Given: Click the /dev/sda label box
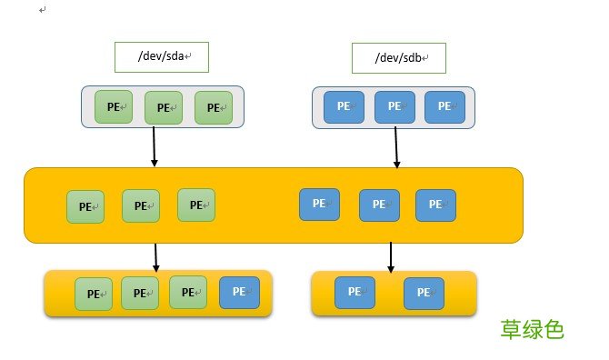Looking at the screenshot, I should coord(162,56).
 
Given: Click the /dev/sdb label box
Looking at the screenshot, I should coord(398,58).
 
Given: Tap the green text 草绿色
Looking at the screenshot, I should coord(533,329).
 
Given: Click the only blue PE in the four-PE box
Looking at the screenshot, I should coord(239,292).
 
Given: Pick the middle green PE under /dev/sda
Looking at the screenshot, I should coord(164,106).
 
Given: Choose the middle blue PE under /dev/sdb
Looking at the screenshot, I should coord(394,105).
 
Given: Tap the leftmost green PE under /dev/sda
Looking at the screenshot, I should coord(114,105).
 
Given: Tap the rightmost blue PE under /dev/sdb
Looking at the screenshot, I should coord(444,105).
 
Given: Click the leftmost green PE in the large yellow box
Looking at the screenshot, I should coord(85,206).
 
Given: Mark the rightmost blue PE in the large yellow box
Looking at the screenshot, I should coord(435,205).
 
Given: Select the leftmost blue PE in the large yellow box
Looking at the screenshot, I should coord(319,204).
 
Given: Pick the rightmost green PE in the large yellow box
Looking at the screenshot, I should coord(196,205).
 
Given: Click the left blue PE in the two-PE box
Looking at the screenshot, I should coord(354,292).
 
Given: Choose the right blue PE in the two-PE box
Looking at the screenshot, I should coord(424,293).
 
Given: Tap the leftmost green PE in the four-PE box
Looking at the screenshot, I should coord(94,294).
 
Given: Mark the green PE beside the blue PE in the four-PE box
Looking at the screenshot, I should coord(189,293).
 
